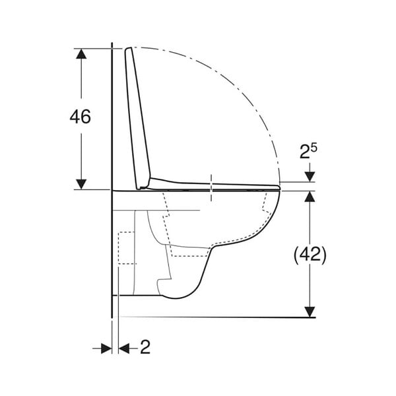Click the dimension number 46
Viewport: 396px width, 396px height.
pos(80,117)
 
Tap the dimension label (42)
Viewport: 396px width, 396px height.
pos(310,255)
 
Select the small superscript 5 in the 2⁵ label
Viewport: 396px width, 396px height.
pos(313,148)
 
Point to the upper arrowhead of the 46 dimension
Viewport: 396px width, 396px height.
pos(81,53)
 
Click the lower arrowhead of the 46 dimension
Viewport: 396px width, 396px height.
pos(81,184)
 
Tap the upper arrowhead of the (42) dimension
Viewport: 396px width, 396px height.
pos(310,196)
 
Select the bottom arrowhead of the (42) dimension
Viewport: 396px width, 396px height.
pos(310,312)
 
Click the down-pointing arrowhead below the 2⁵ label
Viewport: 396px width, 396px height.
pos(310,176)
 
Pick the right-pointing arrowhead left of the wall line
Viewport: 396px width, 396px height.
pos(106,348)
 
